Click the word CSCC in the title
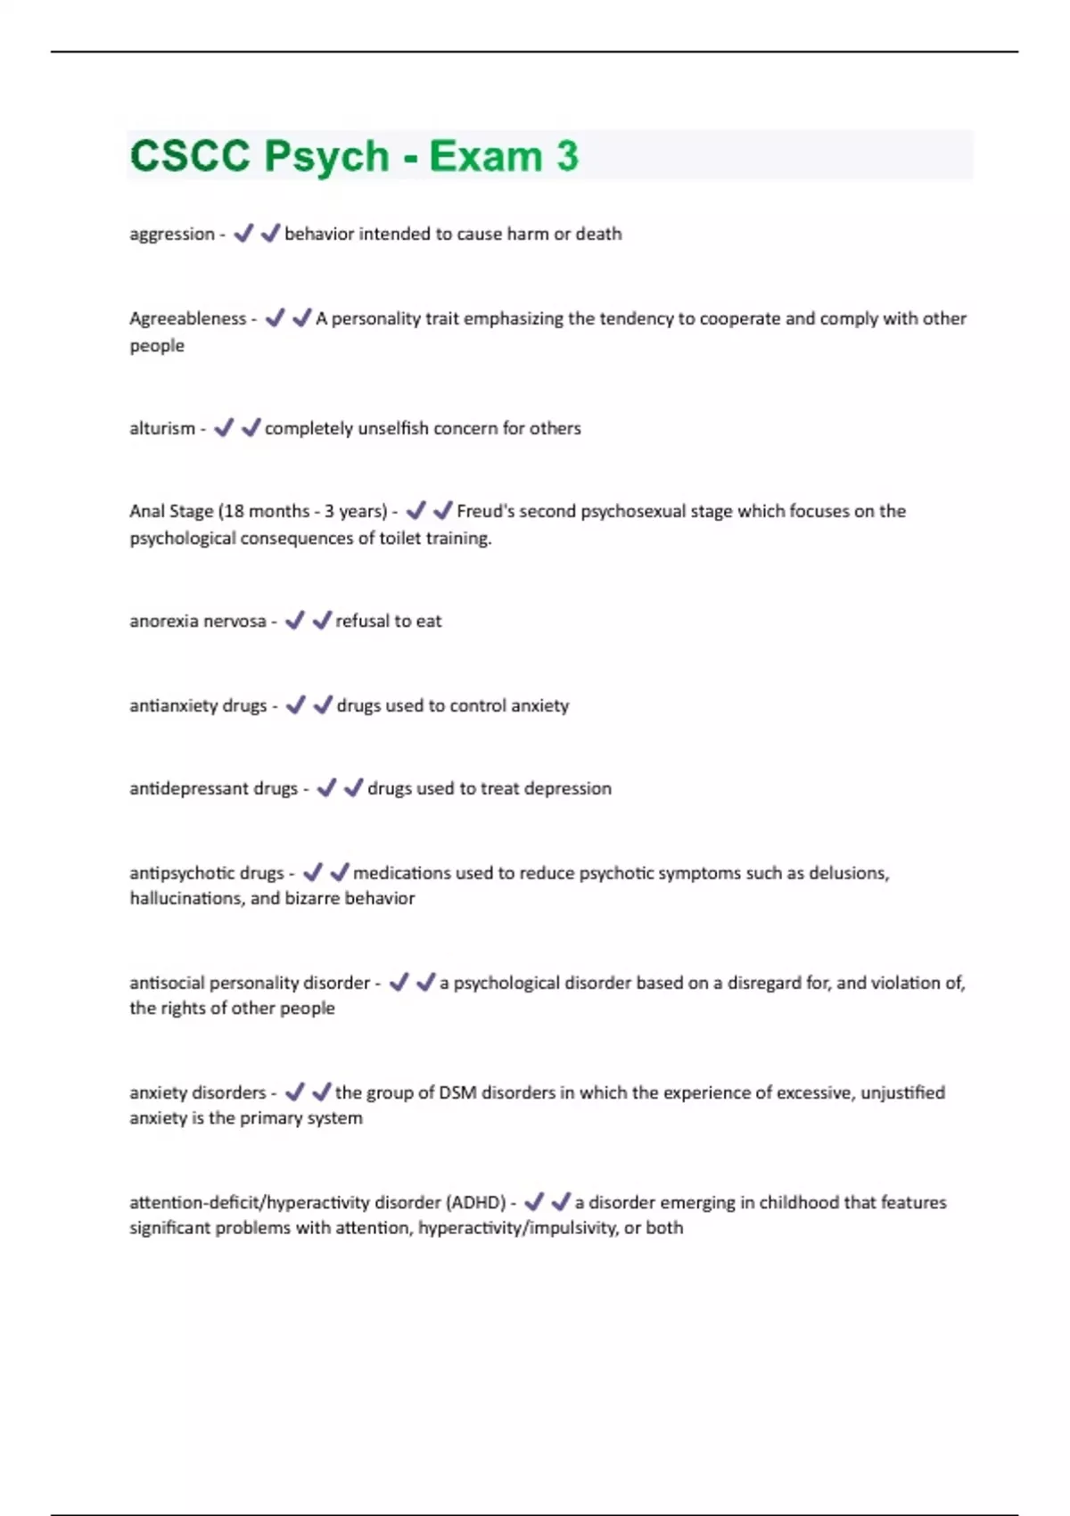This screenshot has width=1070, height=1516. coord(190,156)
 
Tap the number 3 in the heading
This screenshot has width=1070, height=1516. coord(568,156)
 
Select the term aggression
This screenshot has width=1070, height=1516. coord(172,235)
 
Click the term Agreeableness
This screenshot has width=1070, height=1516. coord(187,318)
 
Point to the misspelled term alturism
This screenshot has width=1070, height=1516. coord(162,428)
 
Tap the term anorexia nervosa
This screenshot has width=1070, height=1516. coord(197,621)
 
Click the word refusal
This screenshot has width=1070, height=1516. coord(361,621)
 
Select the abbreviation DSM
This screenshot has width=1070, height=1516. coord(457,1092)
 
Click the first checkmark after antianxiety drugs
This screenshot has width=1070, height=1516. coord(295,705)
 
